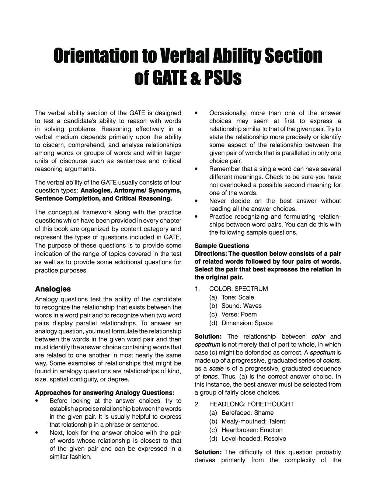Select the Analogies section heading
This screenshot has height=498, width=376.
(53, 289)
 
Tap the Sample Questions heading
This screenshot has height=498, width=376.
(222, 246)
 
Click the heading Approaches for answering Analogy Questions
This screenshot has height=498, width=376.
(104, 392)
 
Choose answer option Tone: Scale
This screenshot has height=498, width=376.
(237, 297)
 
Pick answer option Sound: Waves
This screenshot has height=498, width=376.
(241, 306)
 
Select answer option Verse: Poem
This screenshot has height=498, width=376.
(239, 314)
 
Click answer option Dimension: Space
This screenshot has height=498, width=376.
(247, 323)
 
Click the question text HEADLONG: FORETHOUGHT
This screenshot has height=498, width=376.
(251, 404)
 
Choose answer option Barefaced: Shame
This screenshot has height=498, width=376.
(247, 413)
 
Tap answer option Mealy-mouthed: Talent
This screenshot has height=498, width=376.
(253, 421)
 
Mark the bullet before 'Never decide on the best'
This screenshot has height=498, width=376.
(196, 201)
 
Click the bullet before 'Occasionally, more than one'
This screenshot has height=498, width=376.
(196, 113)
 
